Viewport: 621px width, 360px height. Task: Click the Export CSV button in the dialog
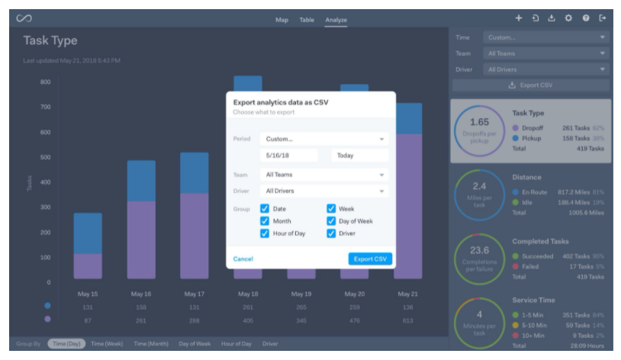(370, 259)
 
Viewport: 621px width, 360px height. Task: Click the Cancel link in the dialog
(243, 259)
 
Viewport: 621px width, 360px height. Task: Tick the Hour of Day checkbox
(265, 233)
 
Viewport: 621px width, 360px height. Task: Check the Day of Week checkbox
(331, 220)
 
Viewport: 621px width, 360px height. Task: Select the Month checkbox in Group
(265, 220)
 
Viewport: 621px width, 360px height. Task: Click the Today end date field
(359, 155)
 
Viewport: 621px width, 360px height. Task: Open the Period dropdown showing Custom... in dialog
(323, 139)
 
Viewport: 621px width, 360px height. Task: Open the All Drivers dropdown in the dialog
(323, 191)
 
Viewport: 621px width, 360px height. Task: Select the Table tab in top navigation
(306, 20)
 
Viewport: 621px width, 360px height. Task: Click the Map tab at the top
(282, 20)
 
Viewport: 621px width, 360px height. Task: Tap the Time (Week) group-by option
(107, 344)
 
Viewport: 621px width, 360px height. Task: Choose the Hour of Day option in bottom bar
(236, 344)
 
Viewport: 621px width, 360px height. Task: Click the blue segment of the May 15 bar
(88, 233)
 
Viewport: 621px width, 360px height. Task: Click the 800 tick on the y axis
(45, 82)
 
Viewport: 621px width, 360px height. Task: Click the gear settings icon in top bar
(568, 18)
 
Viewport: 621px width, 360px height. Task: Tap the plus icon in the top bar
(518, 18)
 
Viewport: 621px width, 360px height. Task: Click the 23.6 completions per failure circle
(479, 255)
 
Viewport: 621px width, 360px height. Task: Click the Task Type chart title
(50, 40)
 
